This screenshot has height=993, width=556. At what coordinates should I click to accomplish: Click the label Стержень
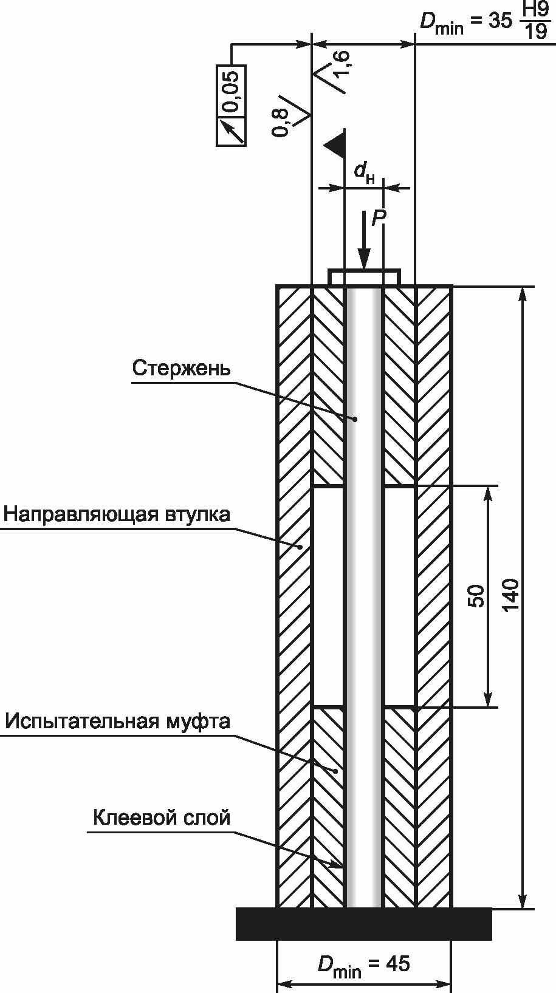[181, 369]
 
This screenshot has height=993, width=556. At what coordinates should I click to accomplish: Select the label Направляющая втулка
[117, 514]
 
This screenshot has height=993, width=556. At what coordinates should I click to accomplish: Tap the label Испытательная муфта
[118, 721]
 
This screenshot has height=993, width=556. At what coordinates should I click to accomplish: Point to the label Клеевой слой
[162, 817]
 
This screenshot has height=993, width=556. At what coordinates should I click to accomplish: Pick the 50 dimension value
[477, 596]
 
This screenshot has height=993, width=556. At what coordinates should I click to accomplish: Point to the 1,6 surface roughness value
[341, 63]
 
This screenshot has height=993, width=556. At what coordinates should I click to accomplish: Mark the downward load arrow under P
[363, 243]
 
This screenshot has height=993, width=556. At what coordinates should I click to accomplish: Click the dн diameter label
[364, 173]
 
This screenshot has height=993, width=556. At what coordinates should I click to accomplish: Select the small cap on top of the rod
[364, 278]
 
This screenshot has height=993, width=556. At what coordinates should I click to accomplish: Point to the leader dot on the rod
[355, 419]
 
